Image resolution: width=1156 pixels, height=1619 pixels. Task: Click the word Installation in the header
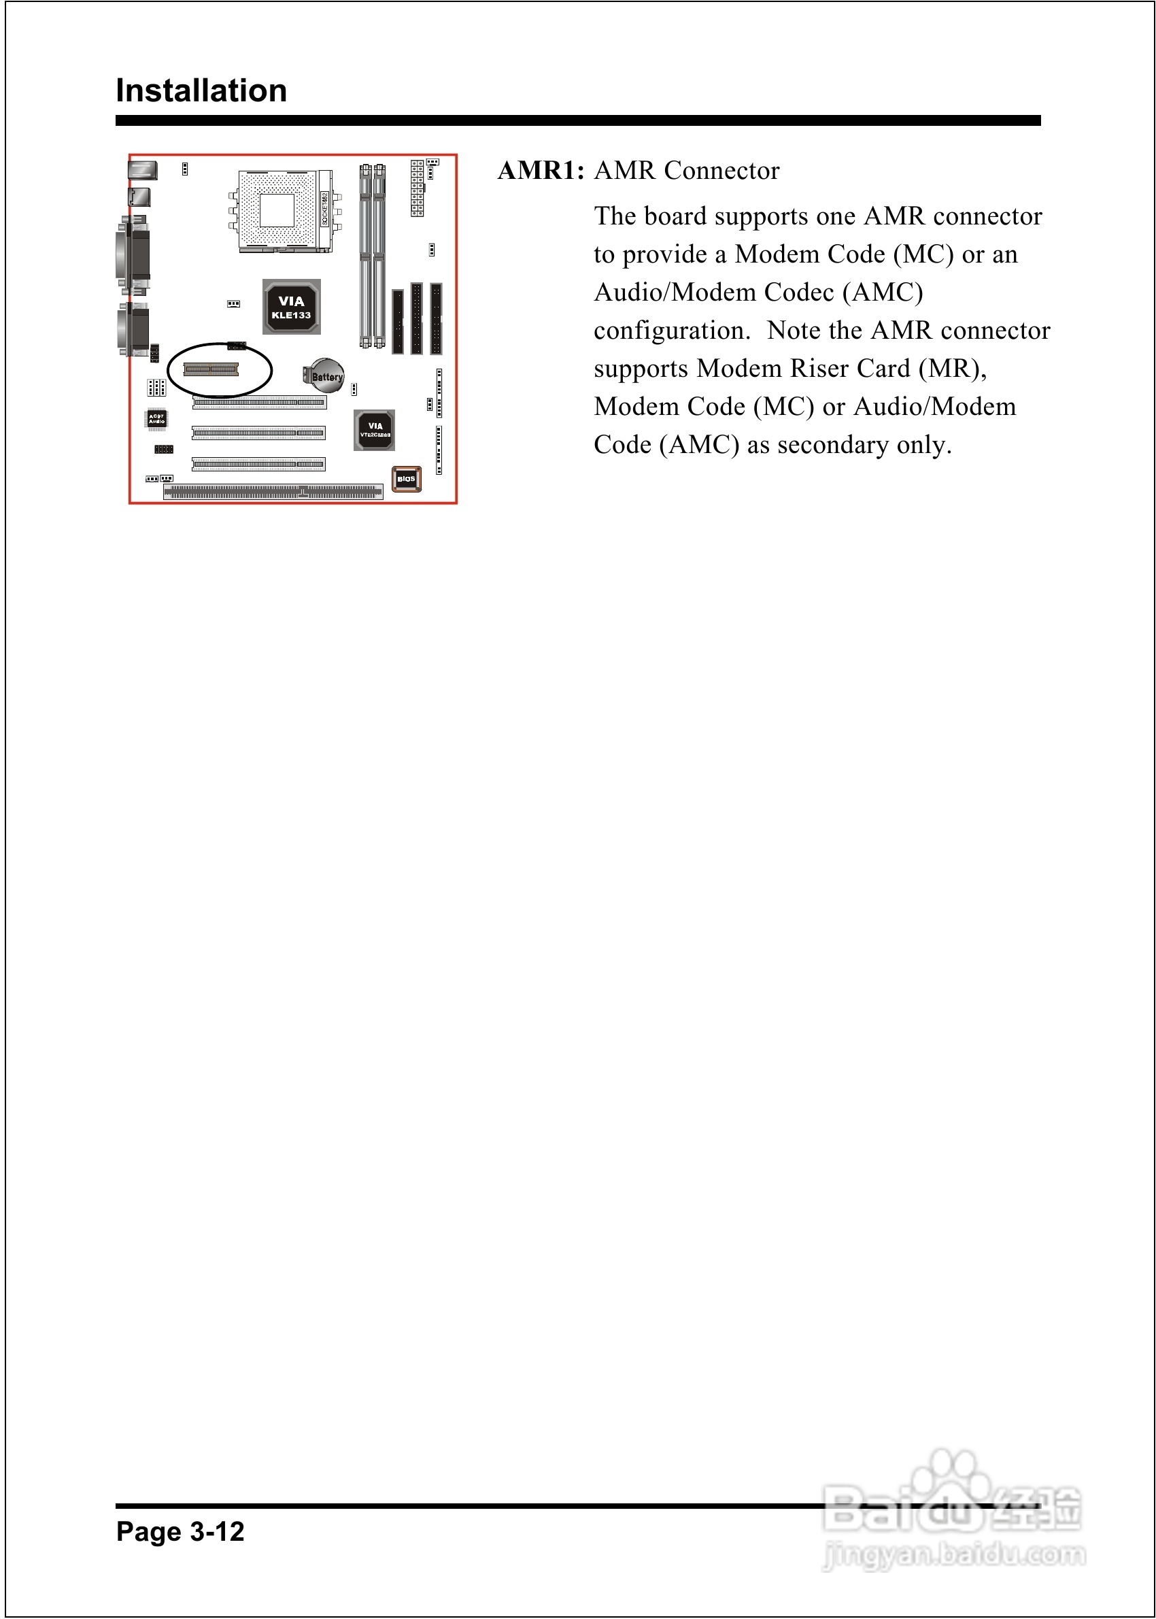(x=201, y=91)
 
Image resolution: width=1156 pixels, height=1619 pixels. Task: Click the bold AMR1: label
(x=541, y=171)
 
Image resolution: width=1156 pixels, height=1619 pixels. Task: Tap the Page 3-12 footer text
(x=180, y=1531)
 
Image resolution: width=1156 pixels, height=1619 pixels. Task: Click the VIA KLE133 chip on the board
(x=291, y=307)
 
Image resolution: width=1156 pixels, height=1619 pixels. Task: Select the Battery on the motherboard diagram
(x=326, y=376)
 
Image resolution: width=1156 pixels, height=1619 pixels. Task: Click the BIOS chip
(x=407, y=479)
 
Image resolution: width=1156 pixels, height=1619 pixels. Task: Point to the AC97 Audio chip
(x=156, y=418)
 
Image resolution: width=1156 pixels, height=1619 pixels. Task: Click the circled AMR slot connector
(x=211, y=369)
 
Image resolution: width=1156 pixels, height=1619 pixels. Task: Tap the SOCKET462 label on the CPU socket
(x=324, y=208)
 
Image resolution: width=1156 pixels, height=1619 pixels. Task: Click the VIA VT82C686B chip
(x=375, y=430)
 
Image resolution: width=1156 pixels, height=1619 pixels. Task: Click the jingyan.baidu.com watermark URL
(x=954, y=1554)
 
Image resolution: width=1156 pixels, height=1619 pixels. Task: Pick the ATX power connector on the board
(x=417, y=188)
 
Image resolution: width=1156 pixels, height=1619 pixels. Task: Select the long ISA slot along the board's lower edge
(x=273, y=492)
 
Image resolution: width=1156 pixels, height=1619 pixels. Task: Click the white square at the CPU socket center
(x=277, y=210)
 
